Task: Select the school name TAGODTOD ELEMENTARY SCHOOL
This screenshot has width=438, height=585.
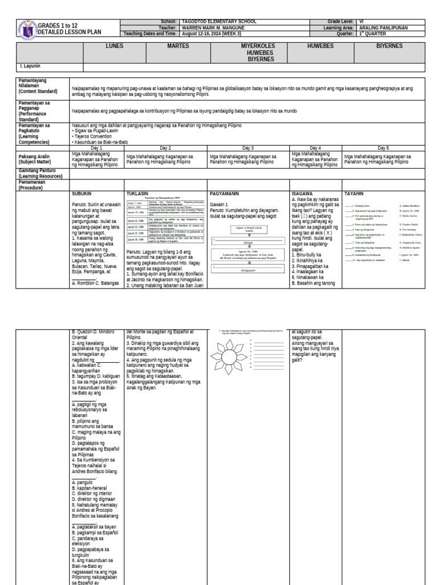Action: (x=218, y=21)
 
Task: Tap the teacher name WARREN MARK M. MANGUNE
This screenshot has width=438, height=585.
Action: (x=214, y=27)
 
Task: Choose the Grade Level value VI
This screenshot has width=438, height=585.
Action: (x=362, y=21)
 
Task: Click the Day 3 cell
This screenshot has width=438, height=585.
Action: (x=248, y=148)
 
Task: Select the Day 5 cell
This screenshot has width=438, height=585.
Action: (x=383, y=148)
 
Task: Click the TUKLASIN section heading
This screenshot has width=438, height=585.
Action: (x=139, y=194)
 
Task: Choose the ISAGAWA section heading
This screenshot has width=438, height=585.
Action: (x=302, y=194)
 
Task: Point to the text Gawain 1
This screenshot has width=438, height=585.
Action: (x=219, y=204)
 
